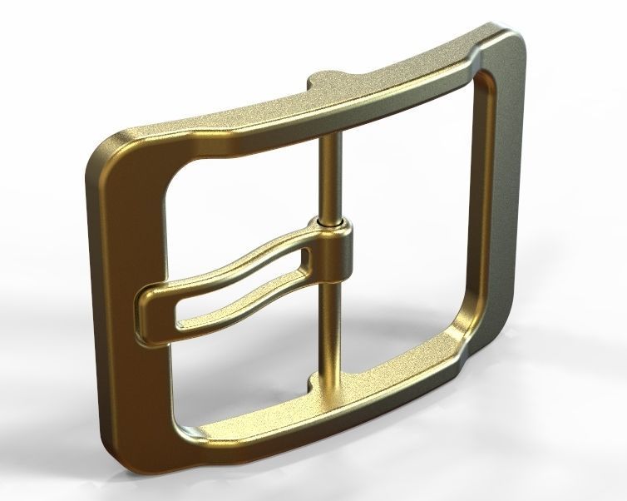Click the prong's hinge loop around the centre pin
click(x=333, y=254)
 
